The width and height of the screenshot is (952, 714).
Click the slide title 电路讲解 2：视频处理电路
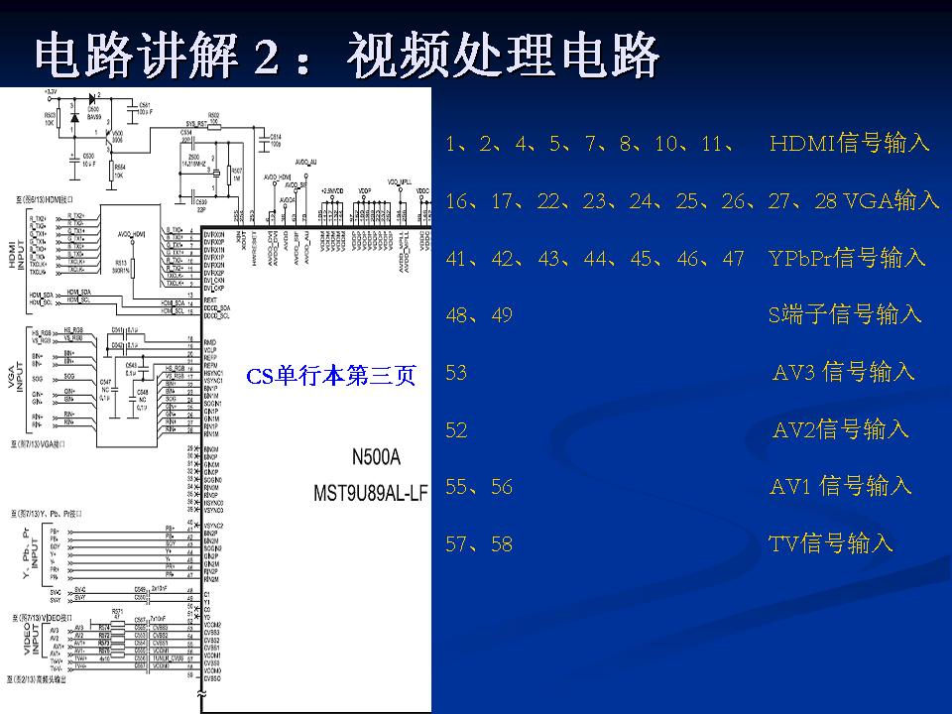347,57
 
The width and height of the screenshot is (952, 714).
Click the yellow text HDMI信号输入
850,144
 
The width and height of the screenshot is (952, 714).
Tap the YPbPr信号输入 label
847,259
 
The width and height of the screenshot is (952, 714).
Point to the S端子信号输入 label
845,315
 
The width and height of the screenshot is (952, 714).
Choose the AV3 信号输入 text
844,373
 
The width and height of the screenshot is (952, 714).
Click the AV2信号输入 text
841,429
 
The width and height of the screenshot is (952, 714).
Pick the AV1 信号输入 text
841,486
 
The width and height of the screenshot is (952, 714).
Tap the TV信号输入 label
831,543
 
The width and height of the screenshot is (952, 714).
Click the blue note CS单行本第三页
331,376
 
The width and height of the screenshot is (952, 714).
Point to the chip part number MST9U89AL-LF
370,492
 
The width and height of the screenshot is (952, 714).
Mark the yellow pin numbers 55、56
480,487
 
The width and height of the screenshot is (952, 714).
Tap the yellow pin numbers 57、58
480,544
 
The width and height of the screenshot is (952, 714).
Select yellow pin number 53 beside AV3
457,373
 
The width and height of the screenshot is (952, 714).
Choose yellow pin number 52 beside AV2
457,430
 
